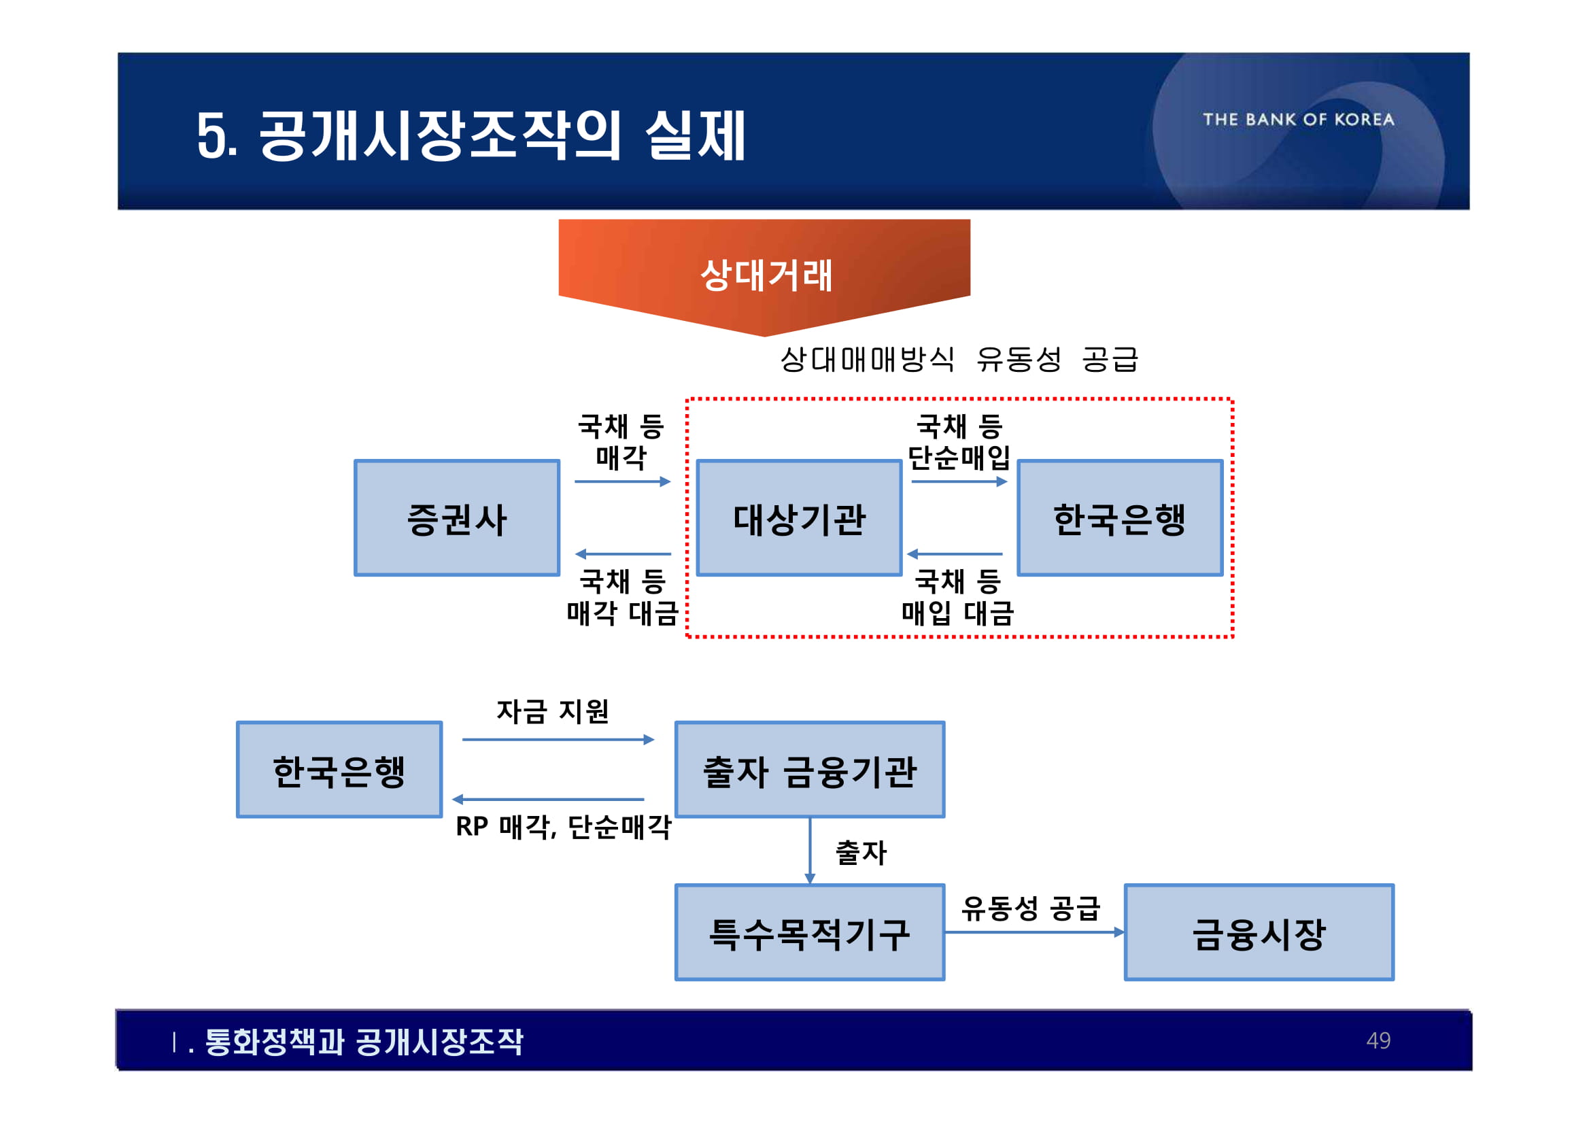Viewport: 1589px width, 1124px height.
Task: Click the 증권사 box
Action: pyautogui.click(x=457, y=517)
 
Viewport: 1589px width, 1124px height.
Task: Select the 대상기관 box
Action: pyautogui.click(x=799, y=517)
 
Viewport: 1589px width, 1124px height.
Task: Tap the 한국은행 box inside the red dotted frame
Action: pyautogui.click(x=1120, y=517)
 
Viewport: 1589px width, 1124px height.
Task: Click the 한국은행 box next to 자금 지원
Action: pyautogui.click(x=339, y=770)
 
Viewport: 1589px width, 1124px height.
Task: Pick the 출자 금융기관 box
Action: pyautogui.click(x=810, y=770)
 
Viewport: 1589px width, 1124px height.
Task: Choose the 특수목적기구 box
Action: pyautogui.click(x=810, y=932)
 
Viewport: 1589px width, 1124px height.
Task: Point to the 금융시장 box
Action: pyautogui.click(x=1259, y=932)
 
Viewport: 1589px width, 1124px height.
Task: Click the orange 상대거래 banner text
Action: pyautogui.click(x=766, y=275)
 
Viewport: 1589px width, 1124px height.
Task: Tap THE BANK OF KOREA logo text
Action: pyautogui.click(x=1299, y=119)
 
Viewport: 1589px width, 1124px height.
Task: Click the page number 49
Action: pyautogui.click(x=1378, y=1040)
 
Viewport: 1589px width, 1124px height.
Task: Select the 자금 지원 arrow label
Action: pyautogui.click(x=552, y=711)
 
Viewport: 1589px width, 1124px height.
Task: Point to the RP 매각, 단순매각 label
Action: pyautogui.click(x=564, y=826)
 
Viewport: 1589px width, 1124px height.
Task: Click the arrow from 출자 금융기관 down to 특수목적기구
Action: pyautogui.click(x=810, y=851)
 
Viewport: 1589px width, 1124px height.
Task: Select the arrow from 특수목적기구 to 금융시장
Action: pyautogui.click(x=1034, y=932)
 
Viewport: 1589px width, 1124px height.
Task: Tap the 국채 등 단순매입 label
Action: pyautogui.click(x=959, y=441)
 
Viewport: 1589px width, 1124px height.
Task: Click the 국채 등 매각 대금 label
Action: pyautogui.click(x=621, y=596)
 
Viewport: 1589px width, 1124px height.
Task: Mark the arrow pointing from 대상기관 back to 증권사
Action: pyautogui.click(x=623, y=554)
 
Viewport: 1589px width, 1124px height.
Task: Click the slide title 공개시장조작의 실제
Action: pyautogui.click(x=471, y=135)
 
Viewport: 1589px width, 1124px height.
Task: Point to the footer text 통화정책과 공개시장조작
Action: pyautogui.click(x=363, y=1042)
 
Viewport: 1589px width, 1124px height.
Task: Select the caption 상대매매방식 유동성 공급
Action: pyautogui.click(x=959, y=358)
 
